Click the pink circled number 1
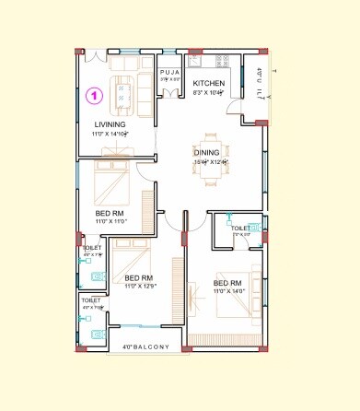pos(93,94)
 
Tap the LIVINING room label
pos(110,124)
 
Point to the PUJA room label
pos(169,72)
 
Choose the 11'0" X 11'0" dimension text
pos(110,222)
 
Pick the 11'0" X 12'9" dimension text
pos(139,288)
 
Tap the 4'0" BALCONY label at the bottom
pos(146,347)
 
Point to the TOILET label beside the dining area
pos(240,227)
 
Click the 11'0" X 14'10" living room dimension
pos(110,134)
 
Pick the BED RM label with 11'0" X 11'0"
pos(110,213)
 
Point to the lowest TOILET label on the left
pos(90,299)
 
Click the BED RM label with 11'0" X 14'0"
pos(227,282)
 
